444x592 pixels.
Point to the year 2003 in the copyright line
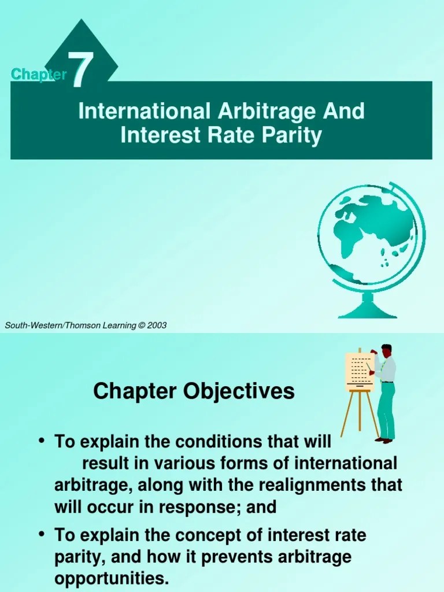157,325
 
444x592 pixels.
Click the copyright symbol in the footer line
141,325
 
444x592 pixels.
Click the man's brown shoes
384,440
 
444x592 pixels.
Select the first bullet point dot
42,441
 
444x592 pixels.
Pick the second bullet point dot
42,535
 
